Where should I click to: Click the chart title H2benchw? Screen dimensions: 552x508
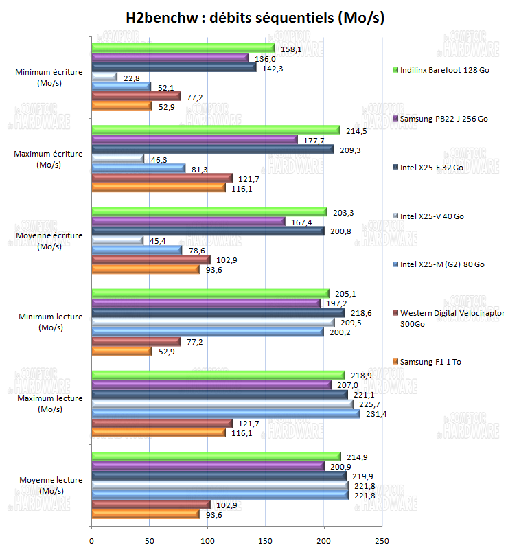click(255, 18)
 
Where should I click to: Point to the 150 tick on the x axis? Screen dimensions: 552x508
click(266, 540)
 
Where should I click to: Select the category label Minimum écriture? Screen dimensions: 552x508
click(49, 76)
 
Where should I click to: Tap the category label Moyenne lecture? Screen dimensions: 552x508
click(49, 485)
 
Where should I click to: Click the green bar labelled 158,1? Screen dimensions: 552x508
click(183, 48)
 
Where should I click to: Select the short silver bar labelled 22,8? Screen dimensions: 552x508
click(104, 77)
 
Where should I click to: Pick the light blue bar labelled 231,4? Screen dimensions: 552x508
click(225, 413)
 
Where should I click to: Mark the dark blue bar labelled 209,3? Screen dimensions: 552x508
click(212, 149)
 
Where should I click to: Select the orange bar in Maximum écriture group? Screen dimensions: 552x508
click(158, 187)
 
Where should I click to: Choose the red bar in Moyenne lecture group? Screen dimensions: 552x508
click(150, 505)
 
